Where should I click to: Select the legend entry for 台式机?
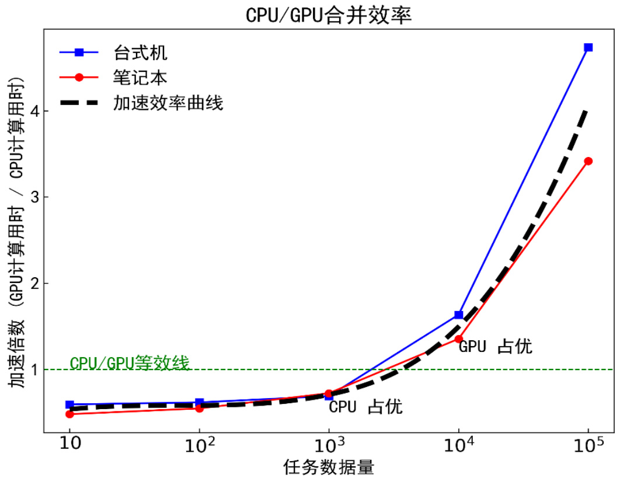[x=140, y=53]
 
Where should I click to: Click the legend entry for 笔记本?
[x=140, y=78]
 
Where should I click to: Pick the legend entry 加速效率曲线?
[x=169, y=103]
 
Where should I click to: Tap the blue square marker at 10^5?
[x=588, y=47]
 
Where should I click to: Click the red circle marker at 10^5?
[x=588, y=161]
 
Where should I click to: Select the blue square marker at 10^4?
[x=459, y=315]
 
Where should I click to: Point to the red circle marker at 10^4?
[x=459, y=339]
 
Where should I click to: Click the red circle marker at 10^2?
[x=200, y=408]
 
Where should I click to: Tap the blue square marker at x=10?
[x=70, y=404]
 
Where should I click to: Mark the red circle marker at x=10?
[x=70, y=414]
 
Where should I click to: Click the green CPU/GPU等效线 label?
[x=130, y=363]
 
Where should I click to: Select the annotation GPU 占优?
[x=496, y=347]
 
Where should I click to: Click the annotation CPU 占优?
[x=366, y=407]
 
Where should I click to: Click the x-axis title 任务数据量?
[x=329, y=467]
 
